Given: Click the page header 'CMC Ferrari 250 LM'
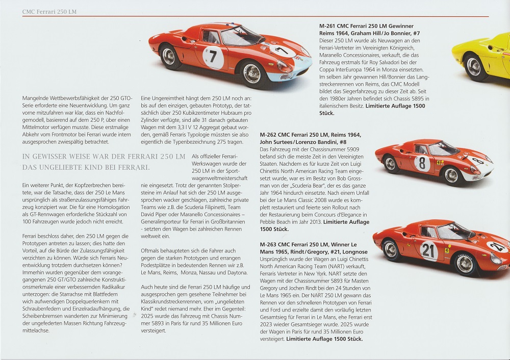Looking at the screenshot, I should click(x=50, y=11).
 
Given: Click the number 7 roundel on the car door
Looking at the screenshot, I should click(x=213, y=57).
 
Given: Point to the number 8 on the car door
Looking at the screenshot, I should click(x=422, y=163).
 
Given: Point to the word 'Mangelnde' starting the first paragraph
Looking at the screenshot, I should click(x=37, y=98).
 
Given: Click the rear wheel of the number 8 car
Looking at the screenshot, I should click(x=390, y=164).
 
